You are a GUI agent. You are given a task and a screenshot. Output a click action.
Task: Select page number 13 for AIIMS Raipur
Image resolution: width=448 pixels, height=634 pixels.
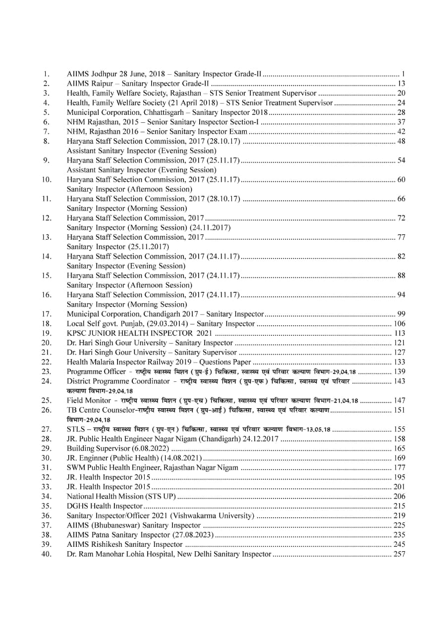(x=401, y=83)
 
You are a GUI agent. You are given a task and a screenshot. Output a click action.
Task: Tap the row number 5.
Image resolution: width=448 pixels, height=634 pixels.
(x=46, y=112)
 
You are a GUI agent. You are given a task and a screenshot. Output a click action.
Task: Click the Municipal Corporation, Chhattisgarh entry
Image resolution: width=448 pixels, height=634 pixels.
(x=167, y=112)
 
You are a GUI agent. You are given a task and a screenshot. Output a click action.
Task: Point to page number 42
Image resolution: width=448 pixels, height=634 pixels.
(x=401, y=131)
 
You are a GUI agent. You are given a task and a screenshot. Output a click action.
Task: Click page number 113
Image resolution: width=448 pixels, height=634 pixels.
(x=399, y=333)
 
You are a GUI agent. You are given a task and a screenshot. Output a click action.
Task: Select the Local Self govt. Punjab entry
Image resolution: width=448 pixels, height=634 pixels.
(x=161, y=323)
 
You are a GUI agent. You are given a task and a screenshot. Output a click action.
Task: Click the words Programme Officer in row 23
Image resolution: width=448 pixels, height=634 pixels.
(x=96, y=371)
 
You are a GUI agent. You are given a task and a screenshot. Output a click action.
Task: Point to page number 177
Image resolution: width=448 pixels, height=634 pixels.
(x=399, y=467)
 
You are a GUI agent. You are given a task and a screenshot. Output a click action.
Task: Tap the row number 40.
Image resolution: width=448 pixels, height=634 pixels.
(x=46, y=553)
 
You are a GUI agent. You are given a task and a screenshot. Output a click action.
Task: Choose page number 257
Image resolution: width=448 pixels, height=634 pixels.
(x=399, y=553)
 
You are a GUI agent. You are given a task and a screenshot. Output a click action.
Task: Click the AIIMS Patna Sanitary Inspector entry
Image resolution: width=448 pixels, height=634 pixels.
(x=140, y=534)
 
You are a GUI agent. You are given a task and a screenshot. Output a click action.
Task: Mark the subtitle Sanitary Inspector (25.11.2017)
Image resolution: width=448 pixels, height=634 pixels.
(x=118, y=247)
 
